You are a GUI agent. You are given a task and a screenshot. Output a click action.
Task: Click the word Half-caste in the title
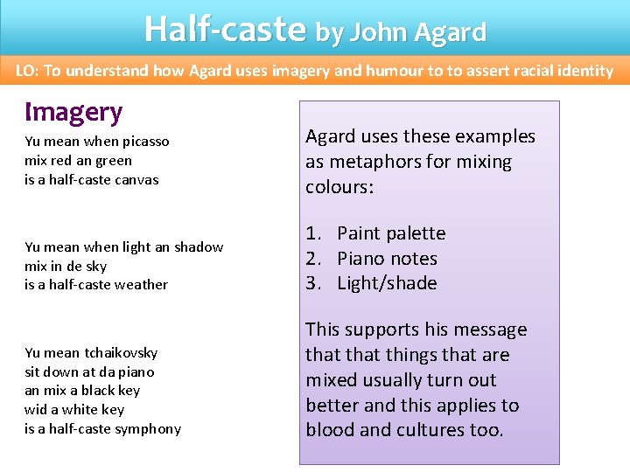pyautogui.click(x=225, y=29)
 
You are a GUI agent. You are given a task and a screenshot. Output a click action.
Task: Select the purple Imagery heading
pyautogui.click(x=73, y=112)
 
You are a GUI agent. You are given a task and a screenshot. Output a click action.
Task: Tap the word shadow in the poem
pyautogui.click(x=199, y=247)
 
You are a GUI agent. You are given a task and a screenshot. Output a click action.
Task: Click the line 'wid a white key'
pyautogui.click(x=74, y=410)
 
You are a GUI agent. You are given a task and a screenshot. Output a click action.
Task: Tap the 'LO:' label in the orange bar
pyautogui.click(x=27, y=71)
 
